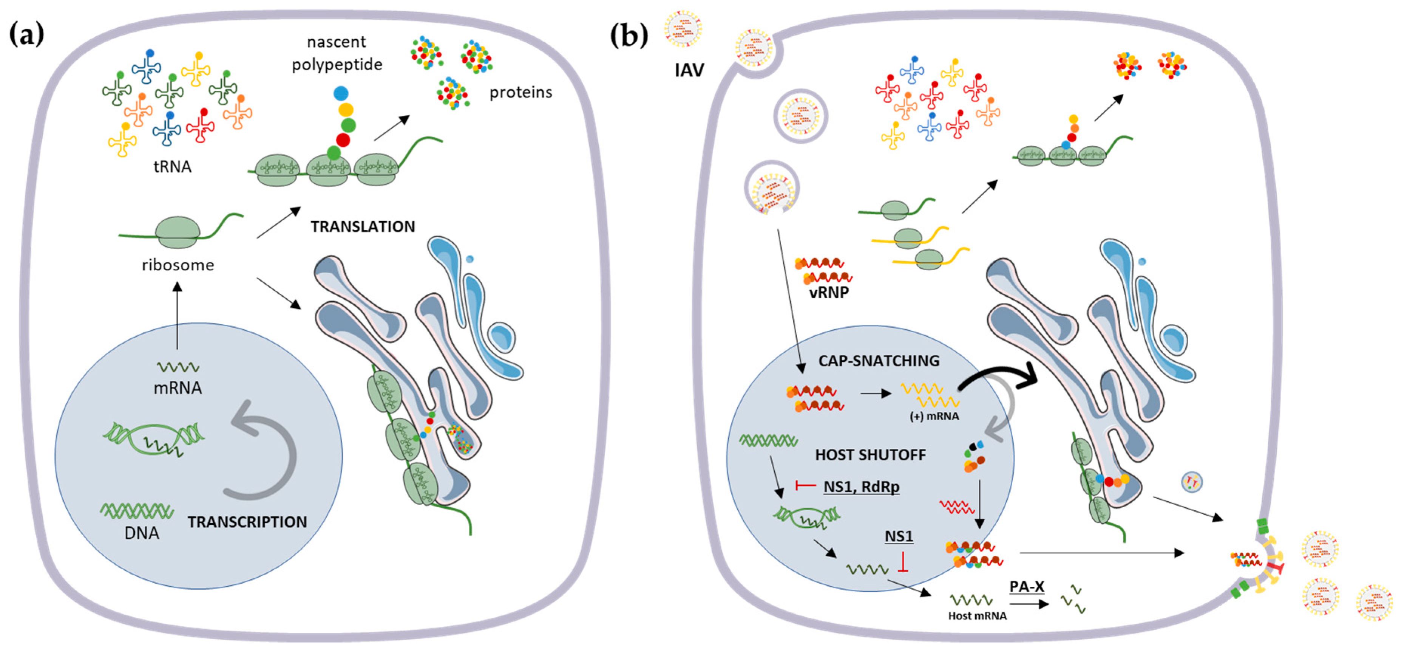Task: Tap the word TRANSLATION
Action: [x=363, y=226]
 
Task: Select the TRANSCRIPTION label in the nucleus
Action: [x=247, y=522]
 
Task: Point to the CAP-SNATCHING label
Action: [x=879, y=361]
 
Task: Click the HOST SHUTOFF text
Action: [x=871, y=455]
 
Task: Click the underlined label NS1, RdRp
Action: [x=861, y=487]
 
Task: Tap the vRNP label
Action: [x=829, y=293]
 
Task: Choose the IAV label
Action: [x=689, y=70]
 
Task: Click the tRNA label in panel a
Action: [x=172, y=166]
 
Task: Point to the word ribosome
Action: [x=178, y=265]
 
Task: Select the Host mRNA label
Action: [x=977, y=616]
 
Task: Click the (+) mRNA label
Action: [x=934, y=417]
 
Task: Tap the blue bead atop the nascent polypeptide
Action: [x=341, y=93]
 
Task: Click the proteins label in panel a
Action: [x=520, y=92]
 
